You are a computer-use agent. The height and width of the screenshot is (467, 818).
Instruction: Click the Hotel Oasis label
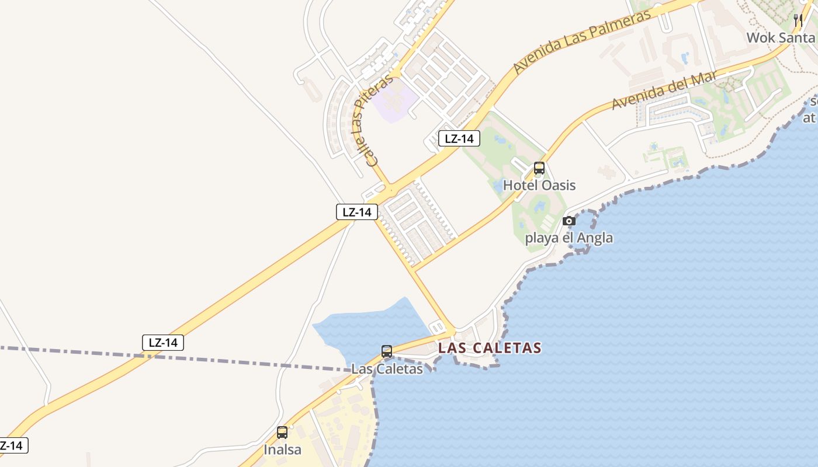coord(539,186)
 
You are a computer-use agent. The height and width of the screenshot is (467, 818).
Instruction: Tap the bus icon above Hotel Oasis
coord(539,169)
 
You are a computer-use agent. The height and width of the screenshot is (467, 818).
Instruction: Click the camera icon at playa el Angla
coord(569,221)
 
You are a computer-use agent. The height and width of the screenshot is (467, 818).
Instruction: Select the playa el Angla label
coord(569,238)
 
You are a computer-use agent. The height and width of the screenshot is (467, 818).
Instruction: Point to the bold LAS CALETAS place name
coord(490,348)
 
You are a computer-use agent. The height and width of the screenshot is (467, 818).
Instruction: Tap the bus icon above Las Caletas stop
coord(387,351)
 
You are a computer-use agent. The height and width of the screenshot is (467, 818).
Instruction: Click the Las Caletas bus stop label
coord(387,369)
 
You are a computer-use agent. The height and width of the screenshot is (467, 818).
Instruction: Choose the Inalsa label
coord(282,449)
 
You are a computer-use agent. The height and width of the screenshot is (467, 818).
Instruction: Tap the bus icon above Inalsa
coord(282,433)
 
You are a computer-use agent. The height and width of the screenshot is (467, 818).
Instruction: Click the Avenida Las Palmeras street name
coord(582,41)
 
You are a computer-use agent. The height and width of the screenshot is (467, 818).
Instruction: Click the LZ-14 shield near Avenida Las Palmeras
coord(459,138)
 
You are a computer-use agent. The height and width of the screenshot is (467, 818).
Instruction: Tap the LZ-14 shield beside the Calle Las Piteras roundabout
coord(356,212)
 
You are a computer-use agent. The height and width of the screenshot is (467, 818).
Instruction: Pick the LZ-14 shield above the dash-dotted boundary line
coord(163,343)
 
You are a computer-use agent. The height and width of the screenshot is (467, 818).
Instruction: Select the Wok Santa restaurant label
coord(780,38)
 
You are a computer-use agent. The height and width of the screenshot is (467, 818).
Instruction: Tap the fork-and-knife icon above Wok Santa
coord(798,21)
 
